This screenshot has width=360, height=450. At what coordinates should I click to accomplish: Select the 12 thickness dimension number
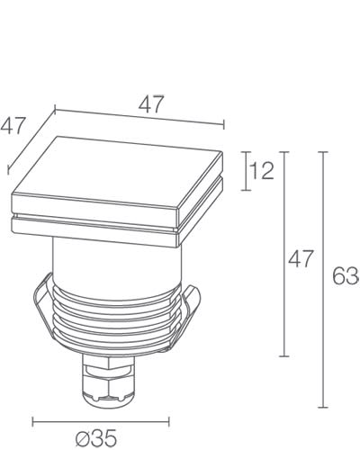[261, 171]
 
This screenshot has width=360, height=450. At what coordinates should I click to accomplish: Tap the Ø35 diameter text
[96, 439]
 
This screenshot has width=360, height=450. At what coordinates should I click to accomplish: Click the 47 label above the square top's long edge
[151, 103]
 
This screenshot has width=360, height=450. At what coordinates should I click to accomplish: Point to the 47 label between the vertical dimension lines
[300, 260]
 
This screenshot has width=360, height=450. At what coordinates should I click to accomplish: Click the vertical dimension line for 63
[323, 279]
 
